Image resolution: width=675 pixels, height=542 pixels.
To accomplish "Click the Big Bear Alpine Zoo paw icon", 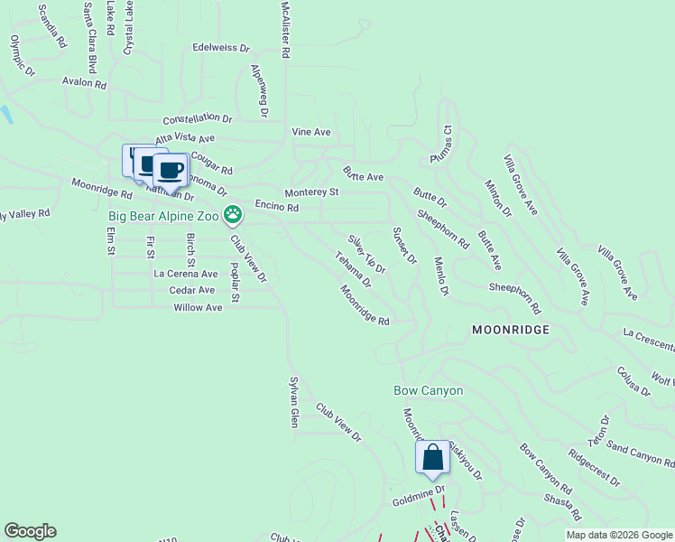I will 233,215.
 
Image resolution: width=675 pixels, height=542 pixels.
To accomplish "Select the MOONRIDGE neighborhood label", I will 510,331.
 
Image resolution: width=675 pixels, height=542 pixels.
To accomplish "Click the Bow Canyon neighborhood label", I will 429,391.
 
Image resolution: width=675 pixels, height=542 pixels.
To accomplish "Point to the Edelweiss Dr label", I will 221,48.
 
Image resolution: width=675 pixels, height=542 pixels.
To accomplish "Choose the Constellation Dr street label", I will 198,118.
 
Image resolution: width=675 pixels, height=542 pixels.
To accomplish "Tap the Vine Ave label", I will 311,132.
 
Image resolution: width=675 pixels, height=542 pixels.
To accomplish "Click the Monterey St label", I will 311,192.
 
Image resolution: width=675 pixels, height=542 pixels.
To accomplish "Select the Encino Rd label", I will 276,207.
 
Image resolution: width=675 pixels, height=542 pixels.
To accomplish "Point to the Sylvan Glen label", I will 293,401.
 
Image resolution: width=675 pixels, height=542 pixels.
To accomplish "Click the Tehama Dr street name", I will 354,269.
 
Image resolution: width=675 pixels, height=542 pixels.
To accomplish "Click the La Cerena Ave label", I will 186,274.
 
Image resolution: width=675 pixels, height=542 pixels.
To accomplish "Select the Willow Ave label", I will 198,308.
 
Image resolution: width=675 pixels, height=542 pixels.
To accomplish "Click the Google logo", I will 31,531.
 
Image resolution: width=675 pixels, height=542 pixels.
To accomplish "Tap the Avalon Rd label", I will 84,83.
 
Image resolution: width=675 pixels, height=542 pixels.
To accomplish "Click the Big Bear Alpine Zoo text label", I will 164,216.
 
